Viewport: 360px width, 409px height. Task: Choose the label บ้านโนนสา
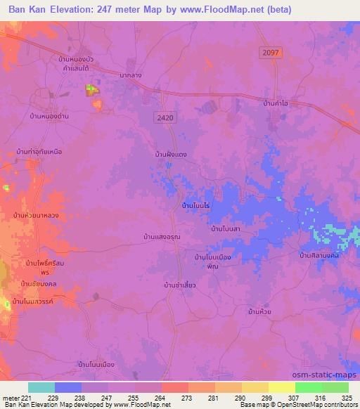(226, 228)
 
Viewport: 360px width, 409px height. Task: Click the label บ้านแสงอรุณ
(161, 237)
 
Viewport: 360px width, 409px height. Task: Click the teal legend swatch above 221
(41, 387)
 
